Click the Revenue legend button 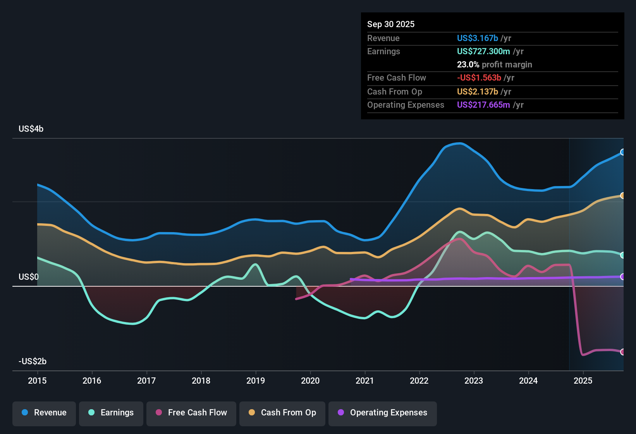pos(44,413)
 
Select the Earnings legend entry pos(111,413)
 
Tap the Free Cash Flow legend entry pos(191,413)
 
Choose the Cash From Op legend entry pos(282,413)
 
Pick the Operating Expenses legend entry pos(383,413)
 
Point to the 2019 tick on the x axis pos(256,381)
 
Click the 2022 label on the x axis pos(419,381)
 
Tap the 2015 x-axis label pos(37,381)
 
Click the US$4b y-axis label pos(31,129)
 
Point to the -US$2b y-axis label pos(33,361)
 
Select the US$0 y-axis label pos(29,277)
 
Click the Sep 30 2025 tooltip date pos(391,24)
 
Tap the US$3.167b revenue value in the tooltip pos(477,38)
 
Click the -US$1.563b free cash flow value pos(479,77)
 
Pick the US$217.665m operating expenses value pos(483,105)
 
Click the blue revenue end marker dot pos(622,152)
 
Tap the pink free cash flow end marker pos(622,352)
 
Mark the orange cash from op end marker pos(622,196)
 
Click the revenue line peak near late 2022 pos(460,143)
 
